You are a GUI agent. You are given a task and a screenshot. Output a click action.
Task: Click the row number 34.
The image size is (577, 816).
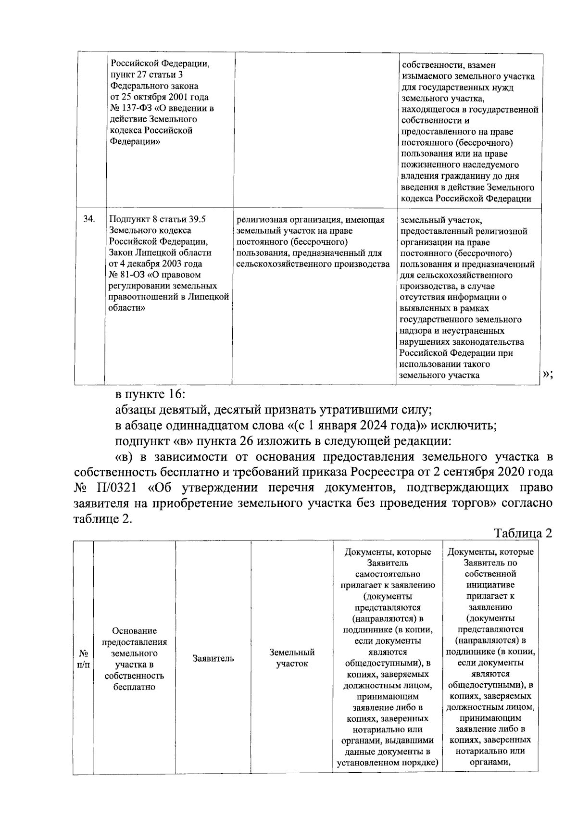pyautogui.click(x=89, y=219)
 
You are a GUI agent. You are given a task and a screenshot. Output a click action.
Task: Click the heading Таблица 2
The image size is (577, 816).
pyautogui.click(x=523, y=533)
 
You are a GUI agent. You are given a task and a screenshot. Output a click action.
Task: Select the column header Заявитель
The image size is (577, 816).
pyautogui.click(x=213, y=658)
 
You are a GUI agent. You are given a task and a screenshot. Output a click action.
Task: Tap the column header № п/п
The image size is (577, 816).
pyautogui.click(x=84, y=658)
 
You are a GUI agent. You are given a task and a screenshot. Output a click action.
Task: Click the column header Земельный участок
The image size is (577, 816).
pyautogui.click(x=292, y=658)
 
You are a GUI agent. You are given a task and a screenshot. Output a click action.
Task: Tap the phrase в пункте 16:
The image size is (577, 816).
pyautogui.click(x=150, y=394)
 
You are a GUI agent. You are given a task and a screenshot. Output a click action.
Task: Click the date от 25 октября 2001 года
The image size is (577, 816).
pyautogui.click(x=159, y=97)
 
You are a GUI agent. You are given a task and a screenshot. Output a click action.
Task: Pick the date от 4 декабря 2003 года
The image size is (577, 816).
pyautogui.click(x=156, y=264)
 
